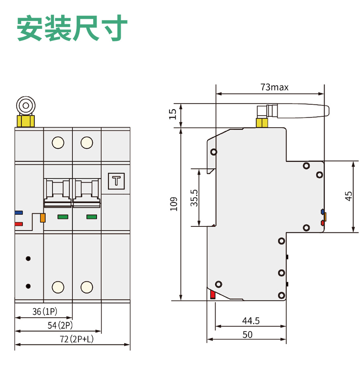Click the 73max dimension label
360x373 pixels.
274,87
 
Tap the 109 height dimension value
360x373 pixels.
174,204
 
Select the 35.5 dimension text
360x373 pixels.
194,198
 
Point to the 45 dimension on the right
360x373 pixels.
348,196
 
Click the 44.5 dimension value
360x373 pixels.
251,321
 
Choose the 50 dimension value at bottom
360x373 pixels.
247,335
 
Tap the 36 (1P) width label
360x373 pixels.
45,312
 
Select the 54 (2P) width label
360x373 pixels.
60,325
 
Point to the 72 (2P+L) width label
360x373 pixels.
77,339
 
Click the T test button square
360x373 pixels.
117,181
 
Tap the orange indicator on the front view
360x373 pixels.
43,218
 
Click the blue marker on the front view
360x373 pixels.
19,213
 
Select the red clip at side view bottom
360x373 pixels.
213,295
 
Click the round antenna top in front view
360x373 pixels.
26,106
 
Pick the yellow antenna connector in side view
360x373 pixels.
262,123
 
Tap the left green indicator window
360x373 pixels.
63,217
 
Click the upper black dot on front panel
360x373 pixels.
28,259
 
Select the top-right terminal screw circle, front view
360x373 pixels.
87,143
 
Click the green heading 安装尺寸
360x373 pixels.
72,28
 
